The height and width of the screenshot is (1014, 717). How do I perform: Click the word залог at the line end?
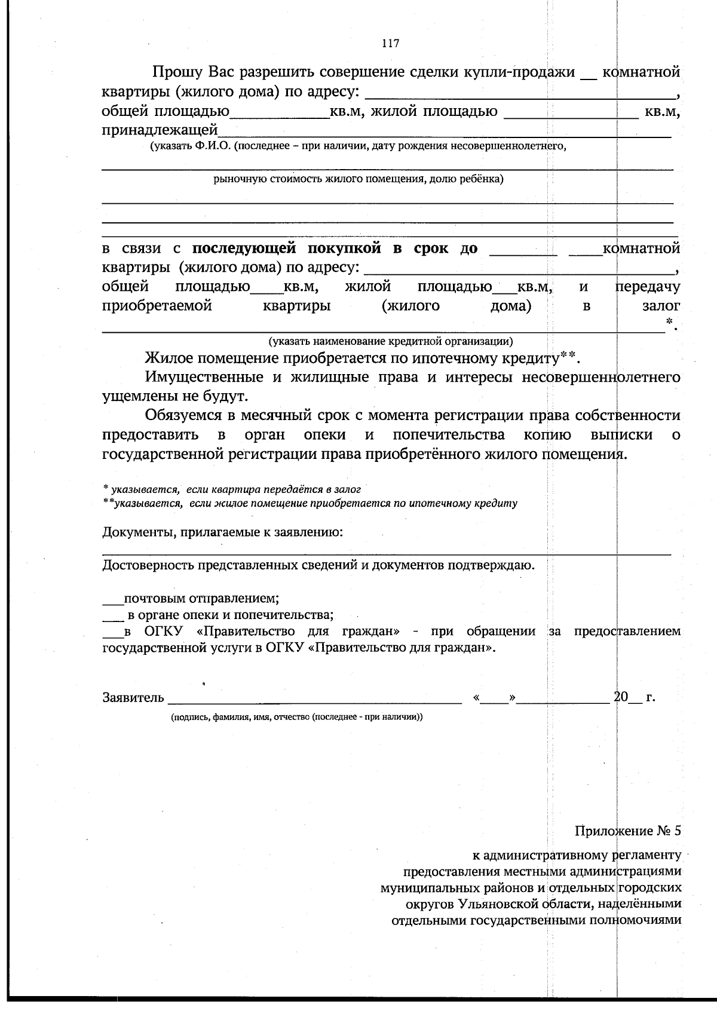661,306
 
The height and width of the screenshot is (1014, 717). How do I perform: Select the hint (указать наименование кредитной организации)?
390,342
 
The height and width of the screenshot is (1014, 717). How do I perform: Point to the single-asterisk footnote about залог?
232,489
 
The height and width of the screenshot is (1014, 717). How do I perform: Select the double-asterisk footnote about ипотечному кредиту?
311,503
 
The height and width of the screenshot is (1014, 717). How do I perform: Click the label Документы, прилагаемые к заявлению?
223,532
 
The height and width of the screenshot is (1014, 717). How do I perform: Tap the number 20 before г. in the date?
621,697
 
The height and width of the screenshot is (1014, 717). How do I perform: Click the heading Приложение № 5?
627,831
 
